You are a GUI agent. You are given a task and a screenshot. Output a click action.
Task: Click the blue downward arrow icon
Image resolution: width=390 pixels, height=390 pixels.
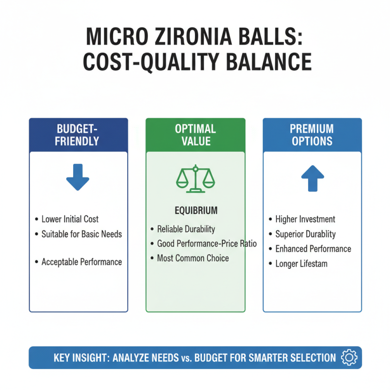coord(78,177)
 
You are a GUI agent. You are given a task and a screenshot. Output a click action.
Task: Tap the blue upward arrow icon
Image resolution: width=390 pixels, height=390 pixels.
coord(312,178)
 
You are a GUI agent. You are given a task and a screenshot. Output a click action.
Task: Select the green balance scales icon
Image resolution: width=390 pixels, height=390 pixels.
coord(195,179)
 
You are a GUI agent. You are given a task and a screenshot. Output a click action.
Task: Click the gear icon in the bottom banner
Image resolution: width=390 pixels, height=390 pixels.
coord(349,358)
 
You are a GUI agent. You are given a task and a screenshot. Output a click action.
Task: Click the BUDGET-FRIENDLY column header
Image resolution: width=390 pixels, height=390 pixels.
coord(78,135)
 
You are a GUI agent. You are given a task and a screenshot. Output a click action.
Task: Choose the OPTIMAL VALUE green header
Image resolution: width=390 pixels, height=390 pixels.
coord(195,135)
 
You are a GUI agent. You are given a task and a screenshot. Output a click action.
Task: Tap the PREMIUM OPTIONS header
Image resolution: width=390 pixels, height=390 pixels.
coord(312,135)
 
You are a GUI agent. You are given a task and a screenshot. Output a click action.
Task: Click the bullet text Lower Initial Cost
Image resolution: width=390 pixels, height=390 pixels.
coord(70,219)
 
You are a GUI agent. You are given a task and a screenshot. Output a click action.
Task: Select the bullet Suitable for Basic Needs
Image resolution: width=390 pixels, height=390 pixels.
coord(81,234)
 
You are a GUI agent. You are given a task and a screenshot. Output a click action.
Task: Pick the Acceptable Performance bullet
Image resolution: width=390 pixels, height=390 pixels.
coord(81,262)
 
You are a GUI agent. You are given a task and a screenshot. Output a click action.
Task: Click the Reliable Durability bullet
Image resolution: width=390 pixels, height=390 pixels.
coord(186,229)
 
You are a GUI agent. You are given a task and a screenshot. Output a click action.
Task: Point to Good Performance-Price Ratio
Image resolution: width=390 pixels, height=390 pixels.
coord(207,244)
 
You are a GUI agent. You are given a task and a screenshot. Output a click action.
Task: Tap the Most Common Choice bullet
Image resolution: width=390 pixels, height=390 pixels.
coord(193,258)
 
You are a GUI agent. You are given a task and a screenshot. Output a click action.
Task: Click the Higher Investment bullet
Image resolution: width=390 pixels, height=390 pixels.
coord(305,219)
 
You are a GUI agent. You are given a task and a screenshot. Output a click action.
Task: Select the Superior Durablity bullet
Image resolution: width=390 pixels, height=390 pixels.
coord(306,234)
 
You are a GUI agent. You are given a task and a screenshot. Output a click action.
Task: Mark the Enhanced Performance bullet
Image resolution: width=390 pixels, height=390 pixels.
coord(313,249)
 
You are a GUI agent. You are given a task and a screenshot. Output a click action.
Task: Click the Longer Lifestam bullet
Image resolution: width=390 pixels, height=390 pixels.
coord(301,263)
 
